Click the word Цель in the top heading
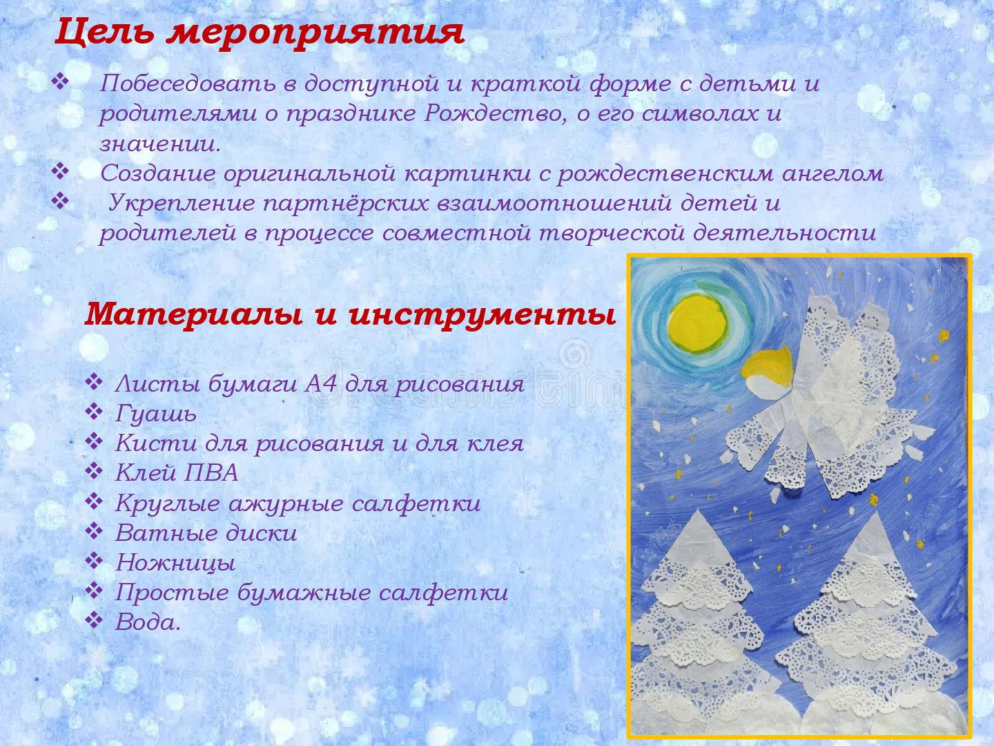[104, 32]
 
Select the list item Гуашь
[156, 414]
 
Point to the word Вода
[148, 622]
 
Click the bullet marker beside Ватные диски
[94, 531]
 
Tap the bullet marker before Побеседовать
[60, 82]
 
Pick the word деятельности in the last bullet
[784, 233]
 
